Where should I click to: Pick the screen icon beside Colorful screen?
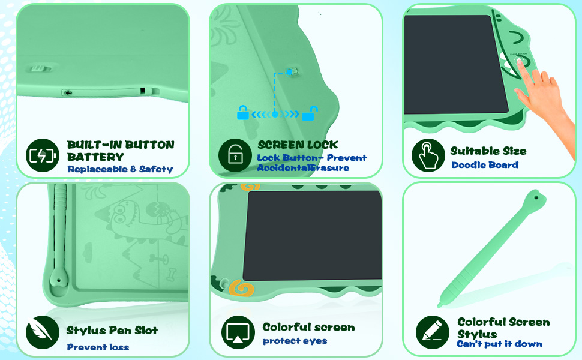[x=238, y=332]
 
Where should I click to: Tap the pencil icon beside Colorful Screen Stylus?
[x=433, y=332]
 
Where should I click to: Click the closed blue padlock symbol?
[x=243, y=112]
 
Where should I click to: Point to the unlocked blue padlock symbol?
[x=310, y=112]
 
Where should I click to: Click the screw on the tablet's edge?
[x=68, y=92]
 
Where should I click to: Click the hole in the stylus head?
[x=533, y=197]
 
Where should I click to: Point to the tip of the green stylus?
[x=440, y=305]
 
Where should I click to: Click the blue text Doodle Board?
[x=485, y=165]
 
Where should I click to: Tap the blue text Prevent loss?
[x=98, y=347]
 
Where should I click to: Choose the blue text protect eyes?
[x=295, y=341]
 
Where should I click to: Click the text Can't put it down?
[x=499, y=344]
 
